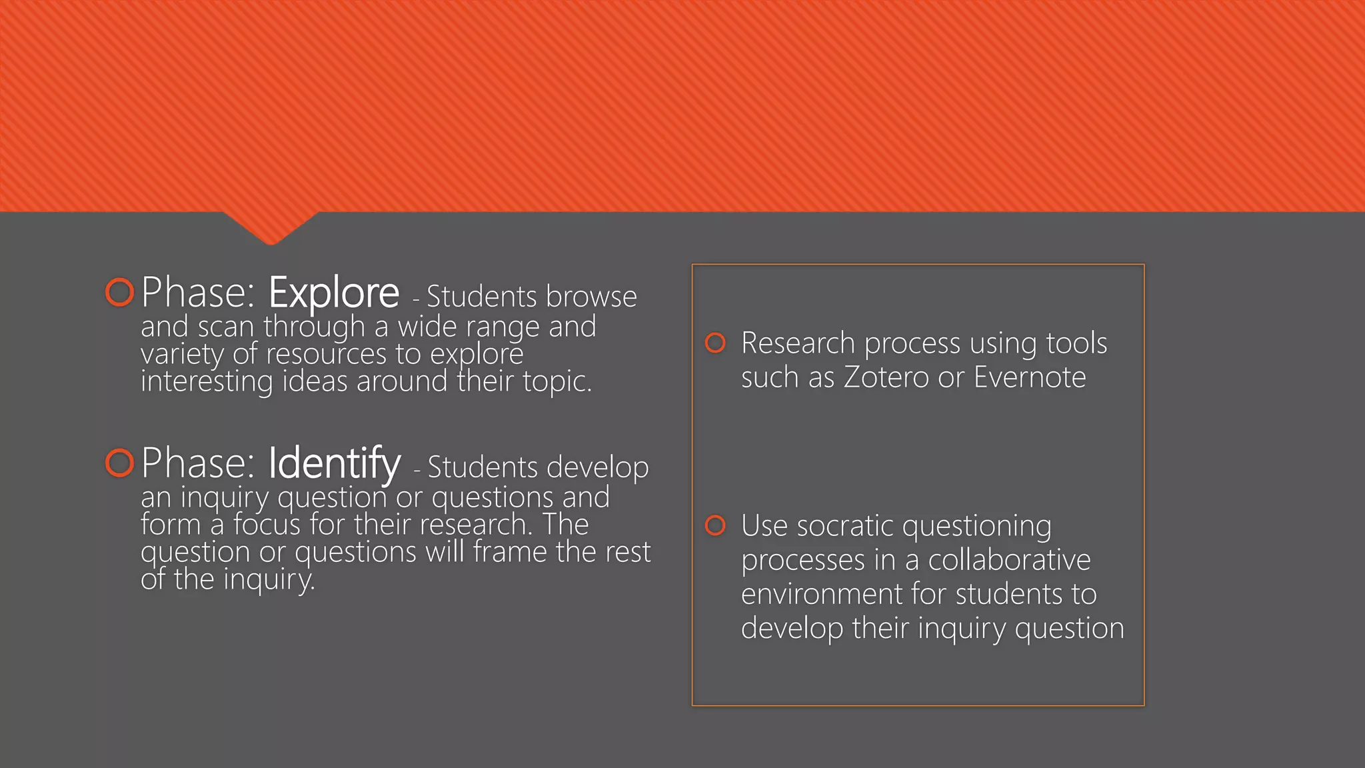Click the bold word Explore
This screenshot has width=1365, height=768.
coord(333,293)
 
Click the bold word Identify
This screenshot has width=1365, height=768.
coord(334,463)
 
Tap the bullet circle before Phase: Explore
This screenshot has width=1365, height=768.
coord(120,292)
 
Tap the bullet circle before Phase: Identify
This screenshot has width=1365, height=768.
coord(120,463)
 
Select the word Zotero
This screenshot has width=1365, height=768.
coord(886,377)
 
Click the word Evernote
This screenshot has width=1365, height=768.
coord(1029,377)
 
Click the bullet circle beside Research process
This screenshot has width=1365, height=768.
coord(715,343)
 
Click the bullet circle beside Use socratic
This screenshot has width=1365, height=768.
coord(715,525)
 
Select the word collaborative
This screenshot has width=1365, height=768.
coord(1009,560)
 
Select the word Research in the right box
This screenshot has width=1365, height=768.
coord(798,343)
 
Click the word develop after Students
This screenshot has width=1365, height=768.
coord(604,468)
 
